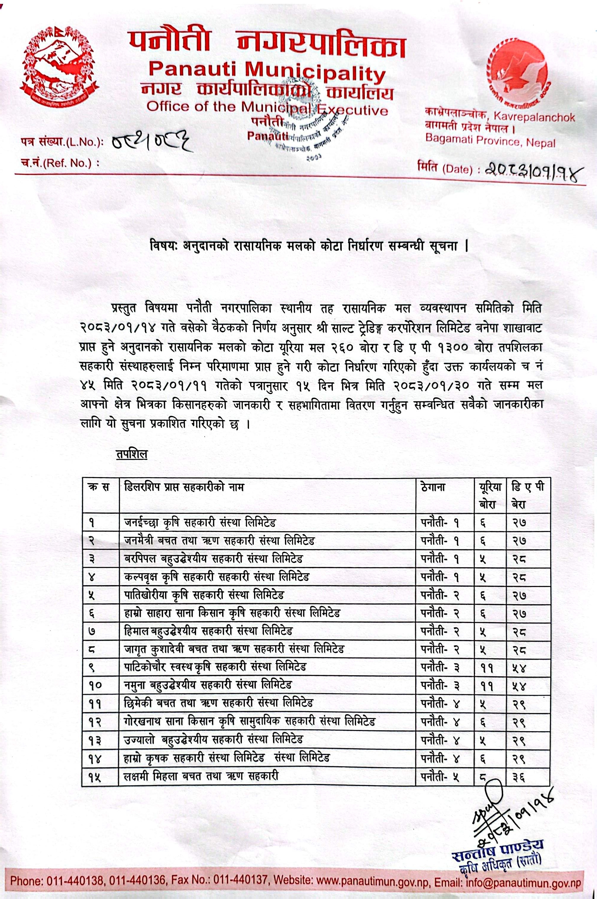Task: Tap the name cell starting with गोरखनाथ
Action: tap(249, 721)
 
